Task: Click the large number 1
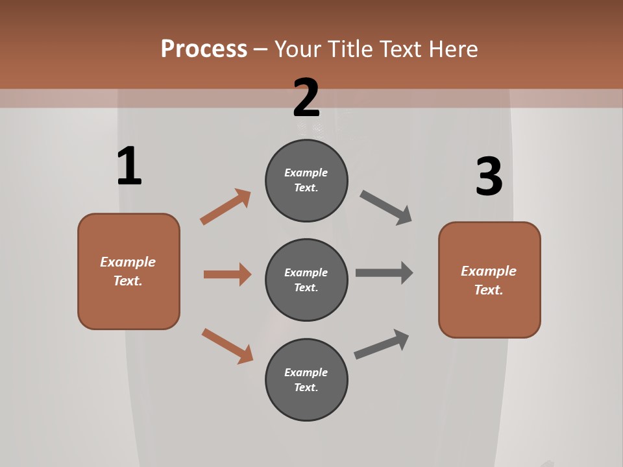tap(129, 166)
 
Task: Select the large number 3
tap(489, 176)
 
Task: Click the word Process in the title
tap(204, 49)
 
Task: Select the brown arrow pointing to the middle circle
tap(227, 274)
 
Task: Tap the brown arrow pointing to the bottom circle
tap(227, 346)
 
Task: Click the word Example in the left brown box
tap(128, 262)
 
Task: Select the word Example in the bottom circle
tap(306, 372)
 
